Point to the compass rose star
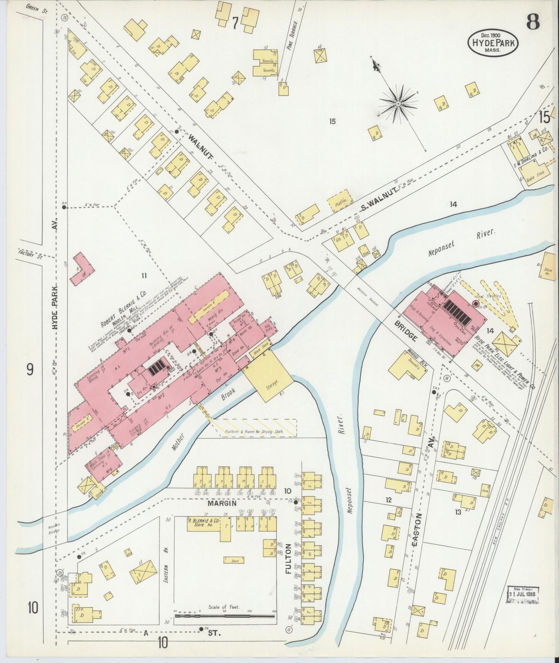[x=398, y=104]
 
